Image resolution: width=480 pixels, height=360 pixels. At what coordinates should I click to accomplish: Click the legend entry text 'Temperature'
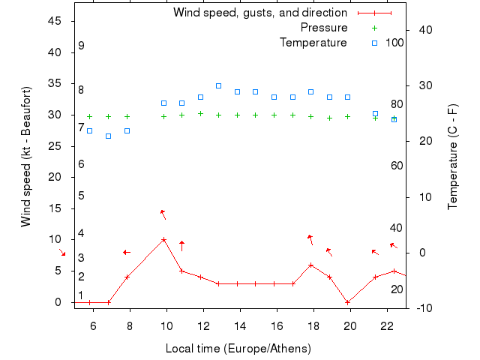(x=313, y=43)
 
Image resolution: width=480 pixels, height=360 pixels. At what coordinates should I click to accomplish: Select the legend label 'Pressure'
(x=323, y=28)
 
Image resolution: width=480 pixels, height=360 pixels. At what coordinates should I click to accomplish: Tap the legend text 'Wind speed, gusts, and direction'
(x=259, y=13)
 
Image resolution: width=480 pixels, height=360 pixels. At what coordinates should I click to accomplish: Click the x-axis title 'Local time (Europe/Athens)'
(x=238, y=349)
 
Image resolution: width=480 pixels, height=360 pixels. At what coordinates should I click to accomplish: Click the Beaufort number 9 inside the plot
(x=81, y=46)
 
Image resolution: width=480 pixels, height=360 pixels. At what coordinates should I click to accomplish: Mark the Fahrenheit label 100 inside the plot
(x=394, y=43)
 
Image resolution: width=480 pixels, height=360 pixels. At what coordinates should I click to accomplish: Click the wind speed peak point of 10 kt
(x=163, y=240)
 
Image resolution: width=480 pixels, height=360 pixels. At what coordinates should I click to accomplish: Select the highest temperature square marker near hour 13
(x=218, y=85)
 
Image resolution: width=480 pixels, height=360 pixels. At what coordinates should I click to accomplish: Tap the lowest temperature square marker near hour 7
(x=108, y=136)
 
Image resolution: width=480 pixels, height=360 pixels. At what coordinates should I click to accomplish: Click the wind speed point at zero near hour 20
(x=347, y=302)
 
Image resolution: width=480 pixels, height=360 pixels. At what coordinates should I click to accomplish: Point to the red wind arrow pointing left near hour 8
(x=127, y=252)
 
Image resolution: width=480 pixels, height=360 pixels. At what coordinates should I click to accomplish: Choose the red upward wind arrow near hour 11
(x=181, y=245)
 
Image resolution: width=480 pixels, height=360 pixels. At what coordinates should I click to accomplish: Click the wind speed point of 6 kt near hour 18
(x=310, y=265)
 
